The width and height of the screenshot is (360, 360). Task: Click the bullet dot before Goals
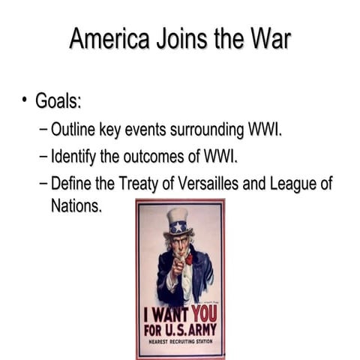point(25,100)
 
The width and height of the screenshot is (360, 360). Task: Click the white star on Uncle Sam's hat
point(178,226)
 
